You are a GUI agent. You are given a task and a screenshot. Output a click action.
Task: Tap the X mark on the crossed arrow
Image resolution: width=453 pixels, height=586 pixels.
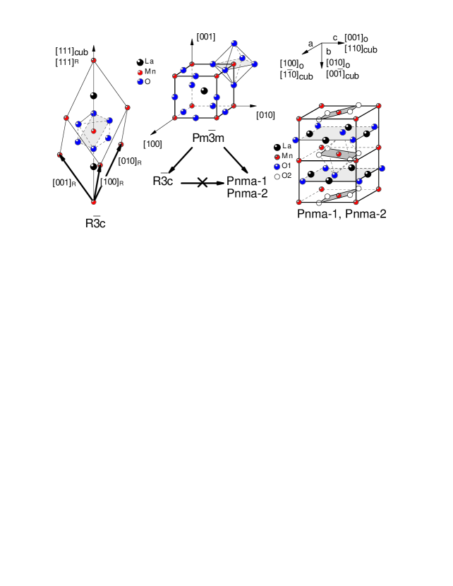tap(202, 182)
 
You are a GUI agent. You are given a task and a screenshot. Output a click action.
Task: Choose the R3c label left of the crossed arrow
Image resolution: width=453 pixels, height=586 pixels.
tap(164, 182)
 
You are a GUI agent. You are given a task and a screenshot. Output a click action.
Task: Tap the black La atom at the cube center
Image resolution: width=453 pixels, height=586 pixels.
tap(204, 90)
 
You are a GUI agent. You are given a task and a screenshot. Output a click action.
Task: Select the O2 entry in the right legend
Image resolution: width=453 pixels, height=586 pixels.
tap(282, 174)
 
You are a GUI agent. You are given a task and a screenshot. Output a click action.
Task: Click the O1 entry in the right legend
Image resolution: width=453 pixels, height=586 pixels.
tap(282, 166)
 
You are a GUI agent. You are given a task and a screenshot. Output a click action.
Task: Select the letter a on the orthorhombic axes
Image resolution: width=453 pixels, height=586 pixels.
tap(310, 43)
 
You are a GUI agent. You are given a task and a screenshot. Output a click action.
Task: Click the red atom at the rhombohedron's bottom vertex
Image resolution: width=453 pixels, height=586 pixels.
tap(94, 202)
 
